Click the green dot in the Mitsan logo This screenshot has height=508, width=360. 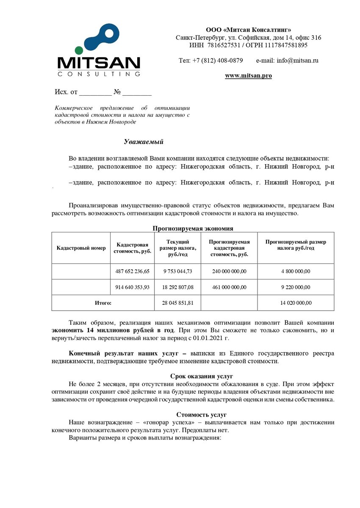pyautogui.click(x=79, y=50)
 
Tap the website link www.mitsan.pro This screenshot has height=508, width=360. pyautogui.click(x=248, y=76)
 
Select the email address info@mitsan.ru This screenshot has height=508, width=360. pyautogui.click(x=297, y=61)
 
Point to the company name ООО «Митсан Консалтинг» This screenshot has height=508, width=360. pyautogui.click(x=248, y=30)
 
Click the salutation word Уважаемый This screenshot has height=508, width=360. pyautogui.click(x=144, y=141)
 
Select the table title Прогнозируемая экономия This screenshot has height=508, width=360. pyautogui.click(x=193, y=229)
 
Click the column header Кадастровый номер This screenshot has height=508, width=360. pyautogui.click(x=81, y=248)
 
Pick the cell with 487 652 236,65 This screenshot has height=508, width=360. pyautogui.click(x=132, y=271)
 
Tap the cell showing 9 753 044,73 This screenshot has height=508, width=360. pyautogui.click(x=177, y=271)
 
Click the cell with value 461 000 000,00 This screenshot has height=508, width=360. pyautogui.click(x=229, y=287)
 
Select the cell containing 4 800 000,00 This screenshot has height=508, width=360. pyautogui.click(x=295, y=271)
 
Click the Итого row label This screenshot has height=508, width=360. pyautogui.click(x=102, y=303)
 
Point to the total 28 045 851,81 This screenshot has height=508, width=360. pyautogui.click(x=177, y=303)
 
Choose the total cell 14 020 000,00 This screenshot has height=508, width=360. pyautogui.click(x=295, y=303)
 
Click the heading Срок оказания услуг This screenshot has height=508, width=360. pyautogui.click(x=202, y=376)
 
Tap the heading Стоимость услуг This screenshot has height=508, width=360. pyautogui.click(x=202, y=414)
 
